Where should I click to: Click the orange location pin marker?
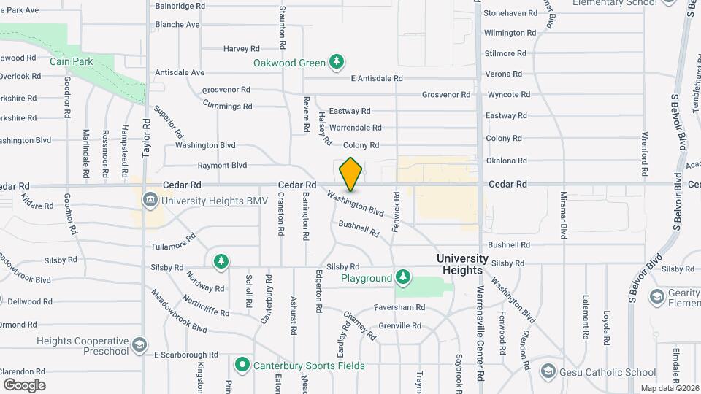tap(350, 174)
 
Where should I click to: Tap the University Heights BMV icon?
tap(150, 200)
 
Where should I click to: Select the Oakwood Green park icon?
tap(337, 62)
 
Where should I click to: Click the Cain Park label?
tap(72, 62)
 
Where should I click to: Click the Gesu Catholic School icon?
tap(548, 372)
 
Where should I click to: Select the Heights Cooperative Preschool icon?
tap(139, 343)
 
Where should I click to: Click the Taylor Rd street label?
tap(146, 139)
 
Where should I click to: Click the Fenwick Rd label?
tap(397, 212)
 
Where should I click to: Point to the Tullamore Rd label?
tap(173, 242)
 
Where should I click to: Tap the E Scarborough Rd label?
tap(186, 355)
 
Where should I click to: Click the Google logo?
tap(24, 385)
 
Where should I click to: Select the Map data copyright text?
tap(670, 388)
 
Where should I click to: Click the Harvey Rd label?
tap(242, 49)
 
